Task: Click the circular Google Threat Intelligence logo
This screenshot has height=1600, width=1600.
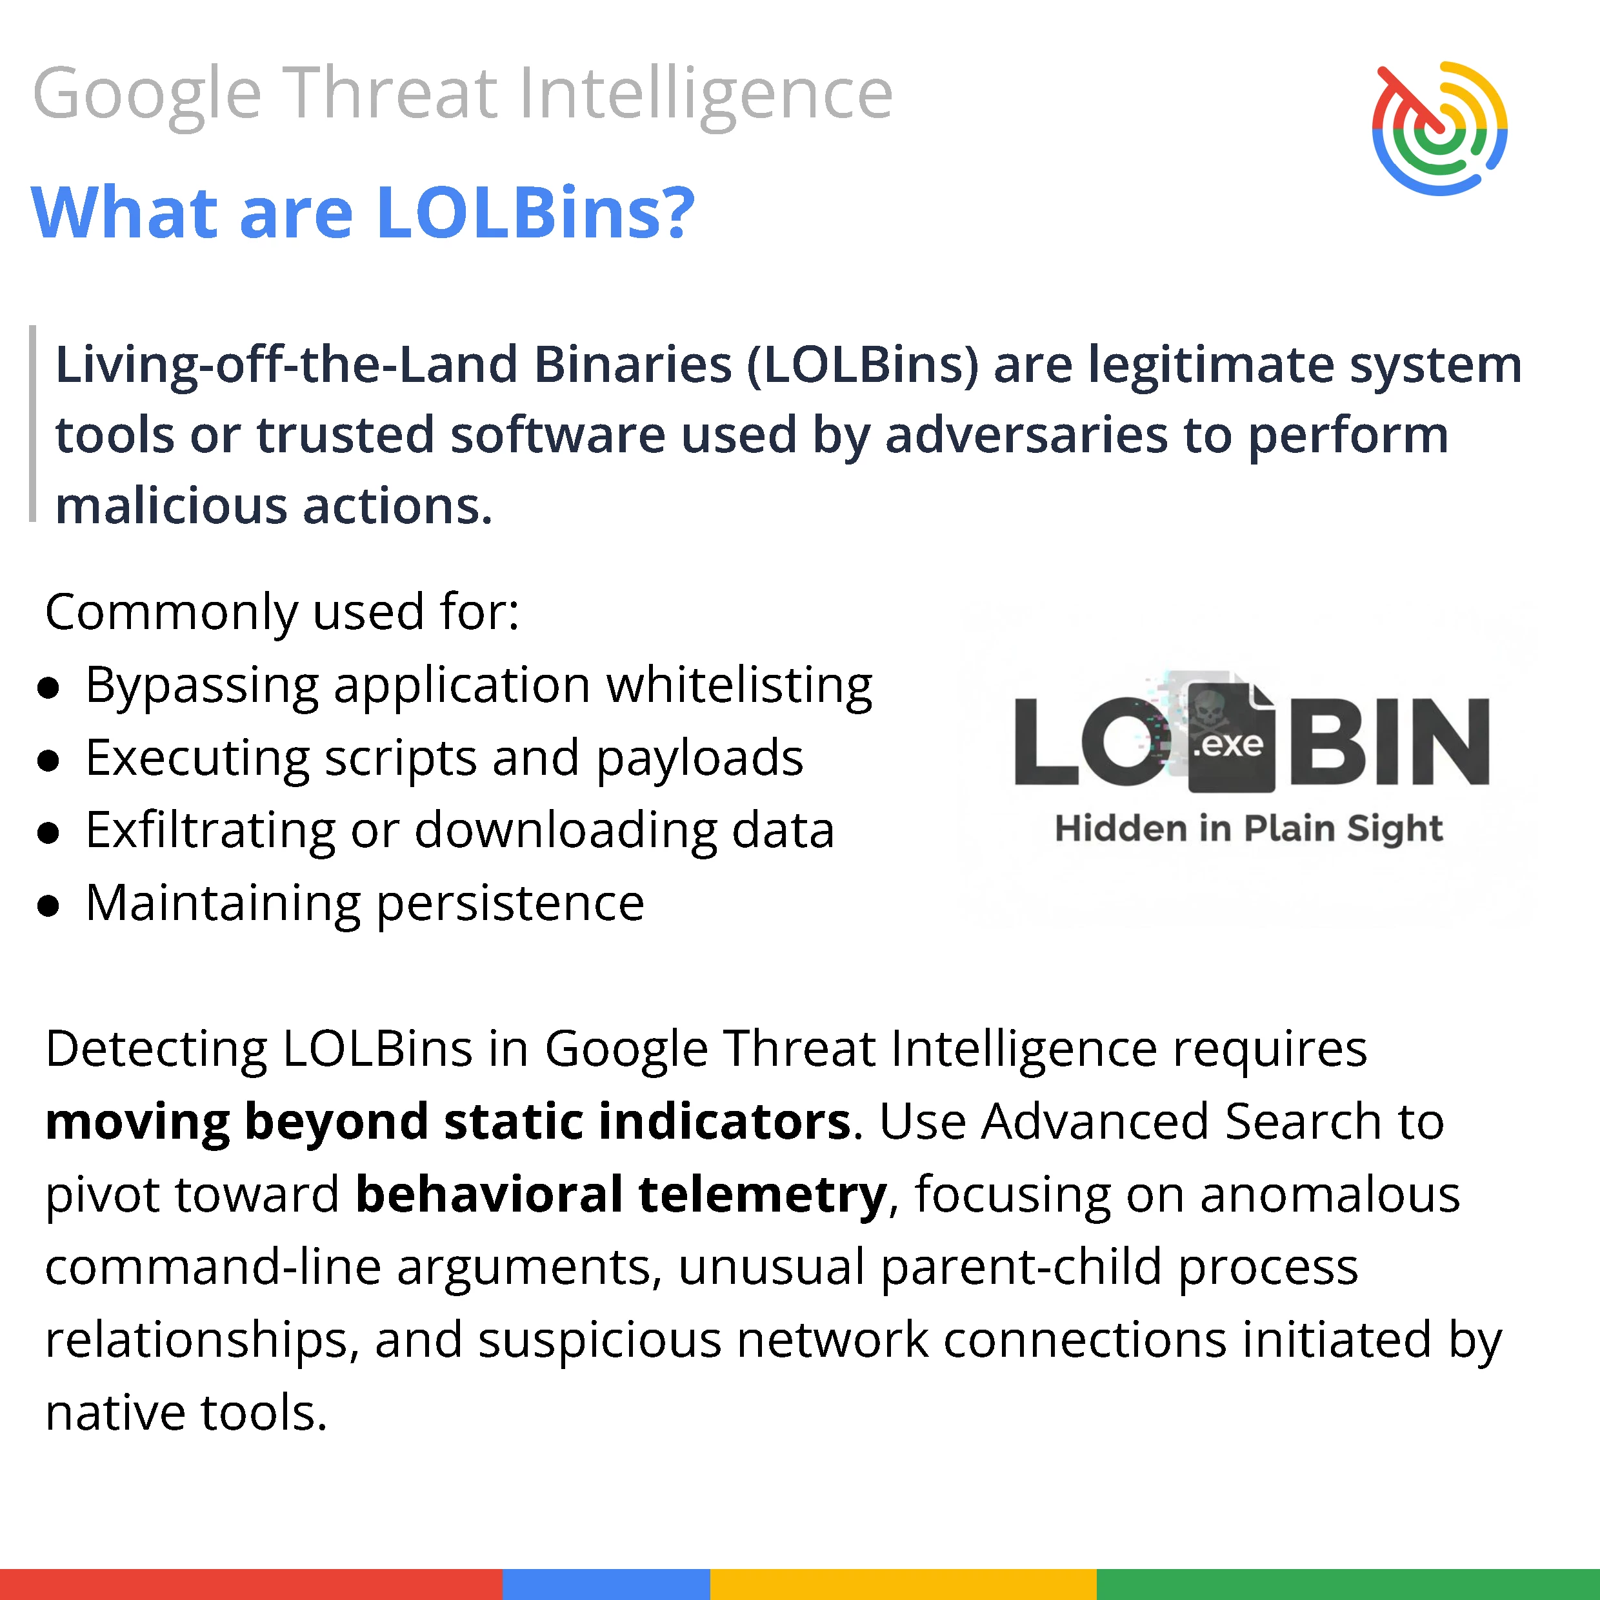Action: click(x=1439, y=128)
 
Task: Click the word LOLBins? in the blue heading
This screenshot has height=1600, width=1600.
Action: click(x=535, y=213)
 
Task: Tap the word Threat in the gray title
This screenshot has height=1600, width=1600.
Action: click(x=392, y=93)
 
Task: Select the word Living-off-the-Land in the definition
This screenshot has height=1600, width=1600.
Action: click(x=286, y=366)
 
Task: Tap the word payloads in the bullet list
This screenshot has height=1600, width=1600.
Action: click(x=700, y=759)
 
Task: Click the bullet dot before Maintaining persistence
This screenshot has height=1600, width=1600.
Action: click(x=49, y=906)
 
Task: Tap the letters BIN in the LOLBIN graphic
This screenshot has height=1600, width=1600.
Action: click(x=1390, y=741)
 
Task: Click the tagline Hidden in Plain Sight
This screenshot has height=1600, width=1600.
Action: click(x=1249, y=830)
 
